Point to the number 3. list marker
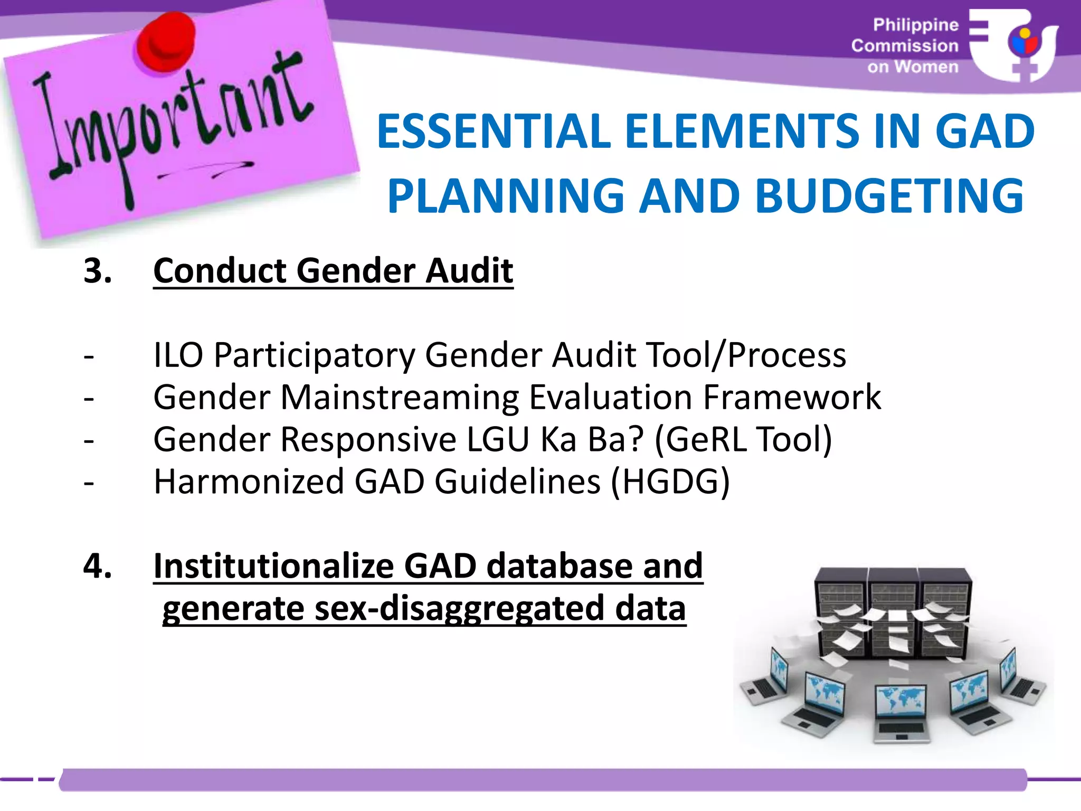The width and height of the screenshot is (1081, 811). pos(98,271)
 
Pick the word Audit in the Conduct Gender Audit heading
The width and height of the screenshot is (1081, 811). pos(469,271)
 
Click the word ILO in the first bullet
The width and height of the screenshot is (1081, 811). pos(178,355)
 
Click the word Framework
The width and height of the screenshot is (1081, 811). pos(792,397)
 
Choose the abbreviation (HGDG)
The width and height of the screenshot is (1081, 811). pos(670,482)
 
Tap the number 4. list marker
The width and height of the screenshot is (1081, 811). pos(98,566)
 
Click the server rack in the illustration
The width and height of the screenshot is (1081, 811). pos(892,612)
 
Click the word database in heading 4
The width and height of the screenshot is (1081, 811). pos(560,566)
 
